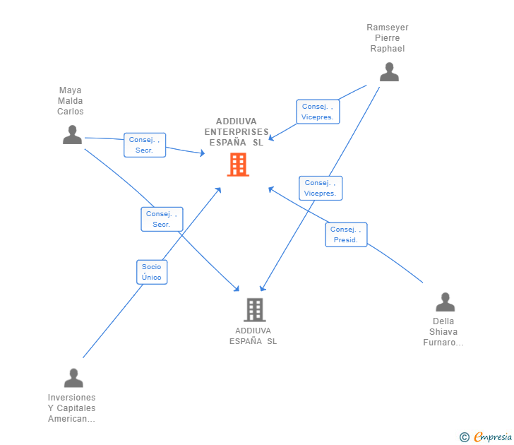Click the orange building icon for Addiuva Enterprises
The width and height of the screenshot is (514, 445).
click(238, 165)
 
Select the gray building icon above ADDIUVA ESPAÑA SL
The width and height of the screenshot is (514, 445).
click(254, 309)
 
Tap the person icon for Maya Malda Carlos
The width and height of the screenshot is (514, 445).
click(72, 134)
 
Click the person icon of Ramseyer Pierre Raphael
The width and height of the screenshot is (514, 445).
click(389, 72)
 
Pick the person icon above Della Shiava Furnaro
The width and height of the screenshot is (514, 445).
click(445, 302)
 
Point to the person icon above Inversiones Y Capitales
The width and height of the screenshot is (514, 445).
click(73, 378)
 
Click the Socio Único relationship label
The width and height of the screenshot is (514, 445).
click(152, 272)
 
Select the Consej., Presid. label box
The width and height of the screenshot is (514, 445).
click(346, 235)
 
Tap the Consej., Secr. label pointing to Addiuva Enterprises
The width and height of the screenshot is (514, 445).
click(145, 145)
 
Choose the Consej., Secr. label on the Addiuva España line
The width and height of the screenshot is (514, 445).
click(162, 219)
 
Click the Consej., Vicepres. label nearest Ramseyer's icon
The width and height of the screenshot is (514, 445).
click(318, 112)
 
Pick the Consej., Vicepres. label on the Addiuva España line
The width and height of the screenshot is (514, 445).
click(321, 188)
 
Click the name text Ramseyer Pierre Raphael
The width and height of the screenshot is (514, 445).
click(388, 38)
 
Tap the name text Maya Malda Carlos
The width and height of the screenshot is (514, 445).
click(71, 101)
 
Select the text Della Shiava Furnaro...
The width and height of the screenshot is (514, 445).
click(444, 332)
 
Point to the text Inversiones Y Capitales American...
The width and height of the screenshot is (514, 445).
click(72, 408)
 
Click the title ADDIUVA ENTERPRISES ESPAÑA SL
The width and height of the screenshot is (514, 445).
click(237, 131)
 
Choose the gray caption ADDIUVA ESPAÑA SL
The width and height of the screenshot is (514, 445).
click(253, 336)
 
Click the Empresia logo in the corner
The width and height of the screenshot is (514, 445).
click(492, 437)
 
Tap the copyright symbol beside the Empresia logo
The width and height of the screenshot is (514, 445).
click(464, 437)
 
